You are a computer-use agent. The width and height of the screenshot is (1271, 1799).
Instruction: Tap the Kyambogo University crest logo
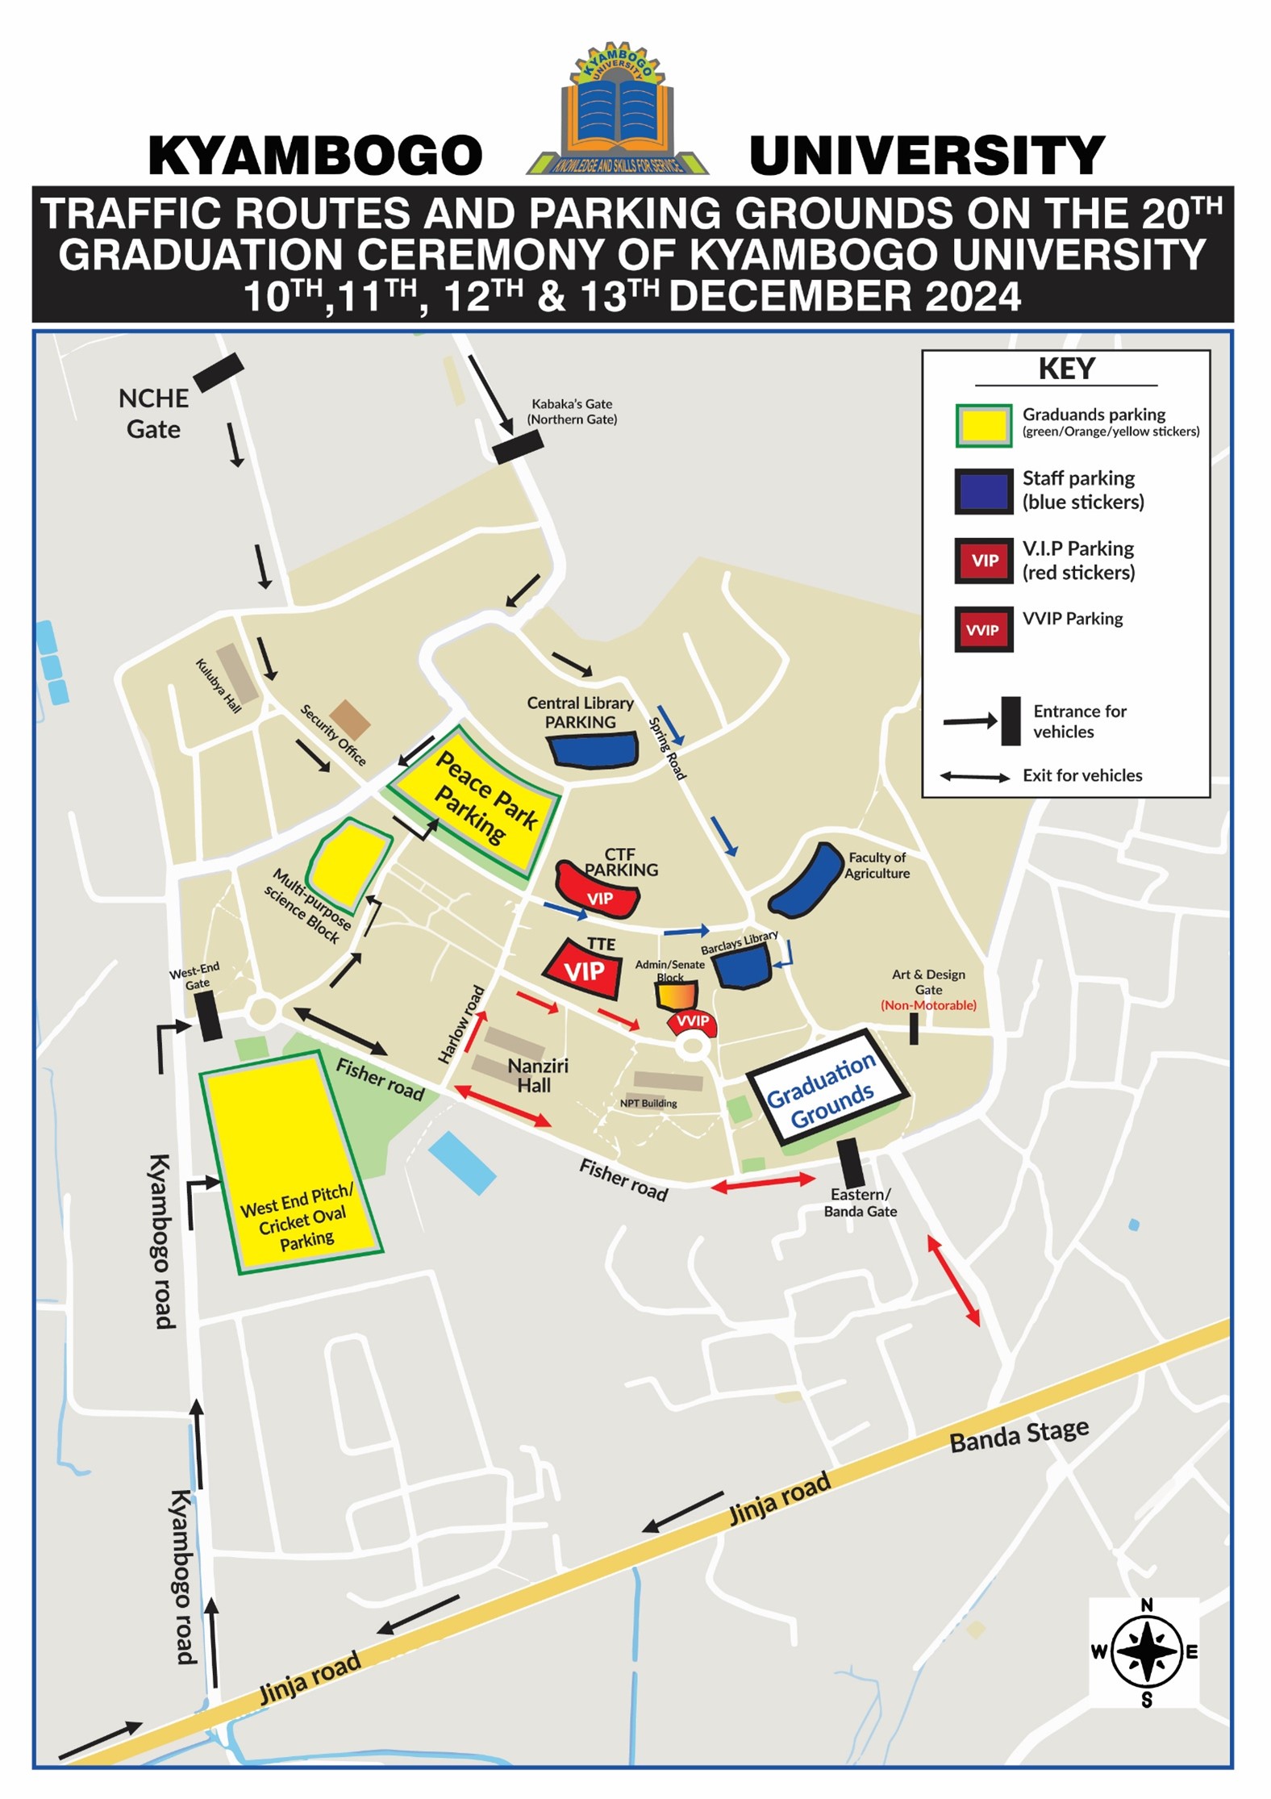pyautogui.click(x=618, y=111)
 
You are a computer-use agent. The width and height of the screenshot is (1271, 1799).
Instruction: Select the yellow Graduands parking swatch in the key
pyautogui.click(x=983, y=425)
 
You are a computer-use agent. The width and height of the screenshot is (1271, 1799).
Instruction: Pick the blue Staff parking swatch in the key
pyautogui.click(x=983, y=490)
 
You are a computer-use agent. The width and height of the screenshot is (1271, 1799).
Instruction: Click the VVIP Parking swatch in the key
pyautogui.click(x=983, y=629)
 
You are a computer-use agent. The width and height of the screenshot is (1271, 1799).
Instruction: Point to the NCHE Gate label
pyautogui.click(x=153, y=414)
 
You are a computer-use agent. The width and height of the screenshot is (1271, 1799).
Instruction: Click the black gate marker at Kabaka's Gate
pyautogui.click(x=518, y=446)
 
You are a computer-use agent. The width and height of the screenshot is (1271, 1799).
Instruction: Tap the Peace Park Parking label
pyautogui.click(x=485, y=797)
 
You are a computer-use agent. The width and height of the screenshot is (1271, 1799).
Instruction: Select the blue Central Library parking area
pyautogui.click(x=593, y=751)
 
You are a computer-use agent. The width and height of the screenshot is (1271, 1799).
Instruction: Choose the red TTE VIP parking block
pyautogui.click(x=584, y=970)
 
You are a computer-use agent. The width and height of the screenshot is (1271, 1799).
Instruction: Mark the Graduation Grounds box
pyautogui.click(x=827, y=1085)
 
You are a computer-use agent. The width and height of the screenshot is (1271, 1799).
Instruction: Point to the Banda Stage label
pyautogui.click(x=1019, y=1435)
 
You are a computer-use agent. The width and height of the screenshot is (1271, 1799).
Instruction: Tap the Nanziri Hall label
pyautogui.click(x=536, y=1075)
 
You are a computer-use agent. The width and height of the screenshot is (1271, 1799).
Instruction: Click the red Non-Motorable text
pyautogui.click(x=928, y=1005)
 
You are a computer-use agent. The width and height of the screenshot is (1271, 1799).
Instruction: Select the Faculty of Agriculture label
pyautogui.click(x=877, y=865)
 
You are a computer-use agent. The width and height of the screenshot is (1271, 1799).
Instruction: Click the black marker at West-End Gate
pyautogui.click(x=209, y=1015)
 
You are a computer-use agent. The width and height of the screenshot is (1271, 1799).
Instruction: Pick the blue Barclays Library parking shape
pyautogui.click(x=743, y=966)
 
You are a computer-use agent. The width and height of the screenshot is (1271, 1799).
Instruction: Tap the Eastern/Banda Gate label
pyautogui.click(x=860, y=1202)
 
